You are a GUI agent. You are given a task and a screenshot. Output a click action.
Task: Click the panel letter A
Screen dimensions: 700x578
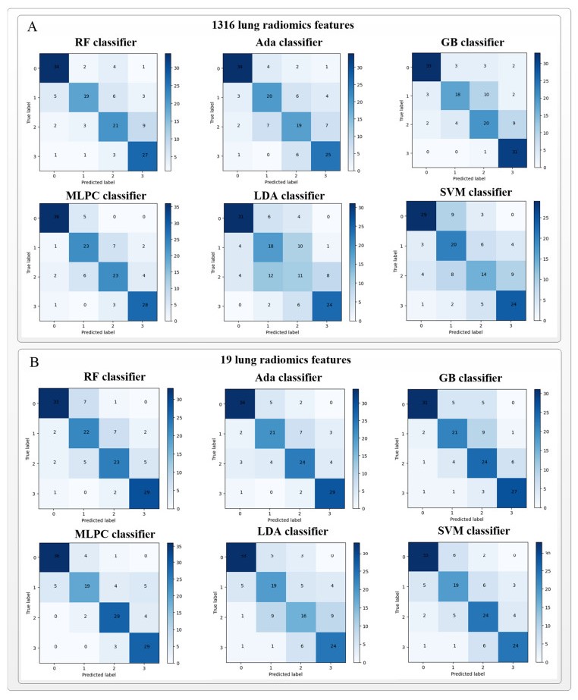click(x=32, y=27)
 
